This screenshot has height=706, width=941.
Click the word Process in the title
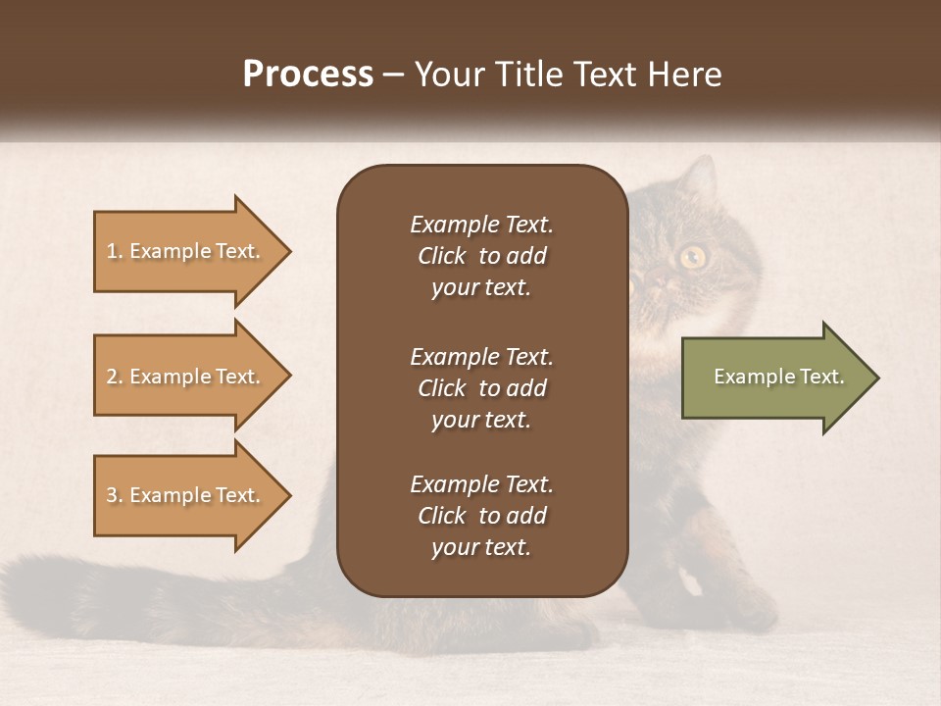308,75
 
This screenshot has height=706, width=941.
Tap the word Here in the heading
685,75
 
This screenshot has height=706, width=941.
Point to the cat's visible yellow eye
693,257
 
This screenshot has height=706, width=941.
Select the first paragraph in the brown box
481,256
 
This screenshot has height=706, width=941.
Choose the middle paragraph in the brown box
481,388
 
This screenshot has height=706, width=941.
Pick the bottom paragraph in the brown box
481,516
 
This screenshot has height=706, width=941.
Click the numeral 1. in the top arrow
115,252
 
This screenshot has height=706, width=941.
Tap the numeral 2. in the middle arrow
115,378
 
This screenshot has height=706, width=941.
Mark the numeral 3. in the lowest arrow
115,495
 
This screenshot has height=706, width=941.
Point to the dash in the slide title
393,76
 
